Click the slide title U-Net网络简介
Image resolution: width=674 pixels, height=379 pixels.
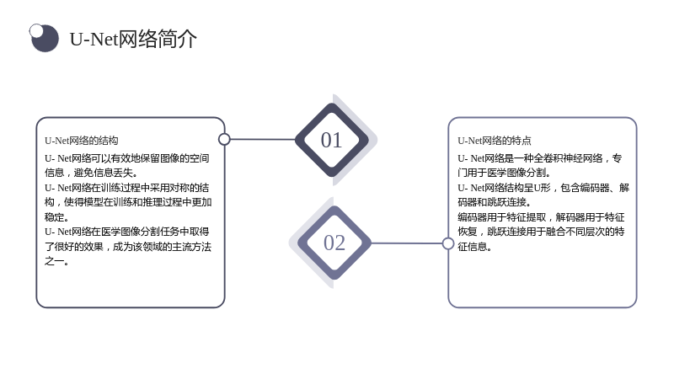click(x=133, y=39)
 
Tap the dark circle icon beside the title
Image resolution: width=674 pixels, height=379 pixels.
click(x=45, y=38)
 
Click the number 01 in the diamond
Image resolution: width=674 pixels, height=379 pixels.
click(x=331, y=140)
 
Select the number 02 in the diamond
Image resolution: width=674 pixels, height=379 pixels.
click(x=334, y=243)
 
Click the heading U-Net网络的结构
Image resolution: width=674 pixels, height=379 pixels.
click(x=81, y=141)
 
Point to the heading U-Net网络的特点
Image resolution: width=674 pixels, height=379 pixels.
click(x=495, y=141)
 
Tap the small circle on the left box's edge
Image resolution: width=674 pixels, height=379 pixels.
click(x=224, y=139)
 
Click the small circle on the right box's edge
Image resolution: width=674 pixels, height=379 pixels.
click(x=448, y=243)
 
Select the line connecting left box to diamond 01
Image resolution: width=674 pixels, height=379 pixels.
click(x=263, y=139)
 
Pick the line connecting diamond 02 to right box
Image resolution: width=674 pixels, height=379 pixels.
click(x=406, y=243)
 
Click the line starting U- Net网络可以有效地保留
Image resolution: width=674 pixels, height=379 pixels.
click(x=127, y=158)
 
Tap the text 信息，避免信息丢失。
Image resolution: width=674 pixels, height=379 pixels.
click(x=91, y=173)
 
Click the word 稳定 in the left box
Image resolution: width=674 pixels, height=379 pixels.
click(x=54, y=217)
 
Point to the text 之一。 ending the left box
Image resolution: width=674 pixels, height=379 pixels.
click(x=56, y=261)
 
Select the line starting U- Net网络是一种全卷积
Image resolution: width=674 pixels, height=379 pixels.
click(x=539, y=158)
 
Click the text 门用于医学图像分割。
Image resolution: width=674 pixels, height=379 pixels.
click(x=504, y=173)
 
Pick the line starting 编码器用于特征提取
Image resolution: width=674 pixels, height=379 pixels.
click(x=541, y=217)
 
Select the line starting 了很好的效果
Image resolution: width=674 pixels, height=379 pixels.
click(x=128, y=247)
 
